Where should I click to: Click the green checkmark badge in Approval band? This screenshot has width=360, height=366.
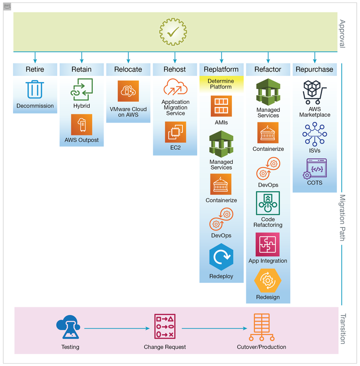coord(173,32)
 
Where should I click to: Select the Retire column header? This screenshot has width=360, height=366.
coord(35,69)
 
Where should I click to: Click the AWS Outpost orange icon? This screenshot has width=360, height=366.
coord(82,124)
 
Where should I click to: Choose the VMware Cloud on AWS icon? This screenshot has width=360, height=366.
coord(128,91)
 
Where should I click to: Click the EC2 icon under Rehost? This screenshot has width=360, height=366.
coord(175,132)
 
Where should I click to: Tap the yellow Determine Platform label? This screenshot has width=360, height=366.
coord(221,84)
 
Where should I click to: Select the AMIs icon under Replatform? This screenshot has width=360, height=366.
coord(221,106)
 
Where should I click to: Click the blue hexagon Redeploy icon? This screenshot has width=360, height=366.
coord(221,258)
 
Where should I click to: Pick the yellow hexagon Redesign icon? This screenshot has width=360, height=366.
coord(268,281)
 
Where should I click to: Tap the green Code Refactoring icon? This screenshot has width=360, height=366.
coord(268,203)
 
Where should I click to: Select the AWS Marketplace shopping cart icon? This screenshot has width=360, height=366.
coord(314,91)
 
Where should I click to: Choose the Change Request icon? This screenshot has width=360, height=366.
coord(165,328)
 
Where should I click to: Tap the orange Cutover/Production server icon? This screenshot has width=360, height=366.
coord(261,328)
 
